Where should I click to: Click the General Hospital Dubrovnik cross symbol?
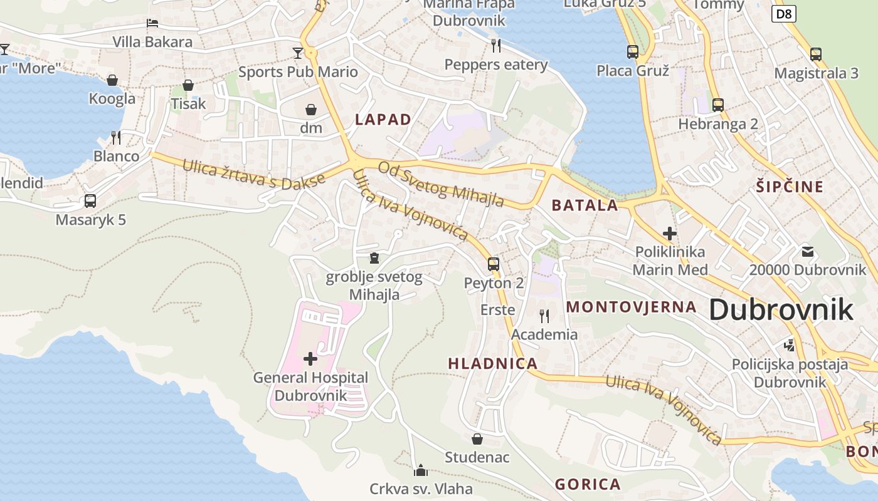click(x=310, y=359)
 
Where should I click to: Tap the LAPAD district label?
click(x=383, y=120)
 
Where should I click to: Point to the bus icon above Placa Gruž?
click(x=632, y=52)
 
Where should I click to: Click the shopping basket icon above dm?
click(x=310, y=110)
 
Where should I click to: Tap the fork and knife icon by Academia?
click(x=544, y=316)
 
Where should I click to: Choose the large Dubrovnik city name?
click(x=781, y=310)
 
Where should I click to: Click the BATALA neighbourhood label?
click(x=584, y=205)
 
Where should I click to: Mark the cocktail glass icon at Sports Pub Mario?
click(x=297, y=53)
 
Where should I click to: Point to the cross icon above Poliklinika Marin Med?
click(x=669, y=234)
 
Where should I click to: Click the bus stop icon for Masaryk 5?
click(x=90, y=201)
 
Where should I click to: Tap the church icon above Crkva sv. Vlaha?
click(x=420, y=470)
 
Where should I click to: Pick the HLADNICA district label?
click(x=492, y=364)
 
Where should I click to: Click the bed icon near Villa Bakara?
click(x=152, y=24)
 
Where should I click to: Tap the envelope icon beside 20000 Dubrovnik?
click(x=807, y=252)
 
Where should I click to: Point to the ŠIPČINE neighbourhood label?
click(x=789, y=187)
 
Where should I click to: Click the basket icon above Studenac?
click(x=477, y=439)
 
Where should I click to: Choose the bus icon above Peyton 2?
click(x=494, y=264)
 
